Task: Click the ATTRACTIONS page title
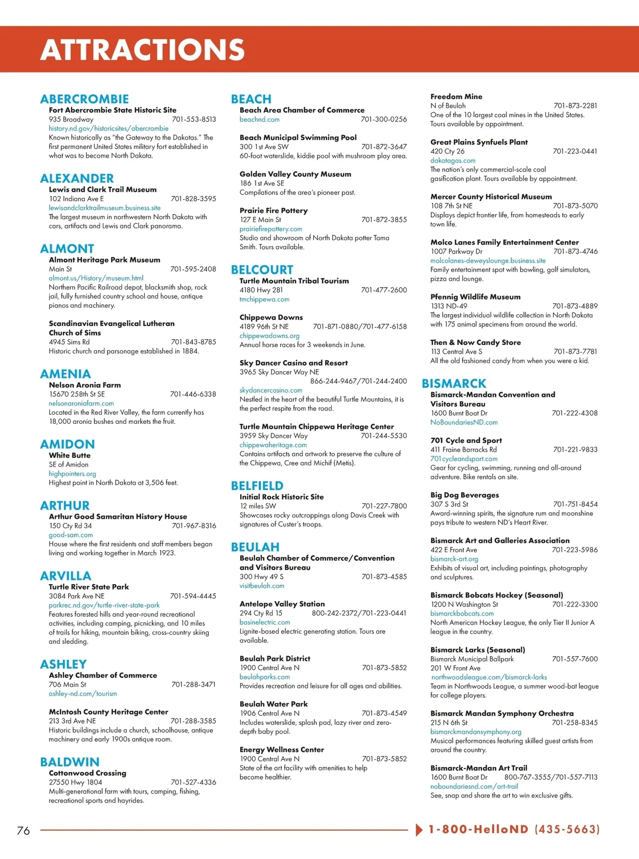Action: point(142,50)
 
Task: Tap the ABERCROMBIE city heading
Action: point(84,99)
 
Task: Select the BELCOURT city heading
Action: point(262,270)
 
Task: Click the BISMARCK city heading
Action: point(454,383)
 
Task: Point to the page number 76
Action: point(23,830)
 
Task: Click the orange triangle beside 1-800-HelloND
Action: point(419,830)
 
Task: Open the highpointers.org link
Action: point(72,473)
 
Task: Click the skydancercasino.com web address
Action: point(271,390)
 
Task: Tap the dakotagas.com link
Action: point(453,160)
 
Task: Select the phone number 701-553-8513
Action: point(194,119)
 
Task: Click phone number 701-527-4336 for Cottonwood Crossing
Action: point(193,782)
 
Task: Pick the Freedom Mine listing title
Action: point(456,96)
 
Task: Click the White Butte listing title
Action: point(70,455)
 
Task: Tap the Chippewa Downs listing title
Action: point(271,317)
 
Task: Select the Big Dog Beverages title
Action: point(464,495)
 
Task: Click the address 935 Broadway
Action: point(71,119)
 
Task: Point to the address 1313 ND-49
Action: point(448,306)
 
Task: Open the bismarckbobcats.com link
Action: point(462,613)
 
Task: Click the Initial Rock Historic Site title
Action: point(281,497)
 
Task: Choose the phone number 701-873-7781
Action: point(575,351)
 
